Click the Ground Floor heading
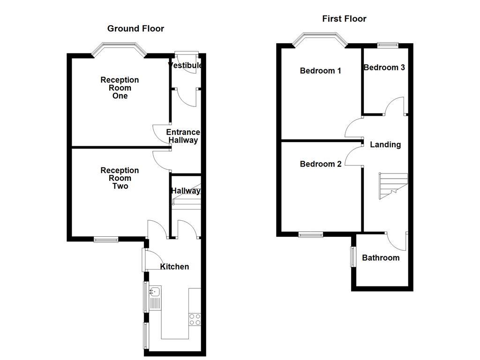(x=135, y=29)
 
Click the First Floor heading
(x=344, y=19)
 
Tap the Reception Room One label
(x=120, y=88)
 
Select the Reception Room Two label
(x=120, y=178)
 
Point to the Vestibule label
(x=186, y=65)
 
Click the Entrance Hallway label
(x=183, y=136)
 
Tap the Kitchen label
(x=174, y=267)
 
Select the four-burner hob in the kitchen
(x=195, y=319)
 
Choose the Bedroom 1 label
(x=321, y=71)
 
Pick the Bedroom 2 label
(x=321, y=164)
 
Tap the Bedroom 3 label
(x=384, y=67)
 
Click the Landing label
(x=385, y=144)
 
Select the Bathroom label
(x=381, y=258)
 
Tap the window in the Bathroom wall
(x=353, y=256)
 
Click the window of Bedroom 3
(x=388, y=45)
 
